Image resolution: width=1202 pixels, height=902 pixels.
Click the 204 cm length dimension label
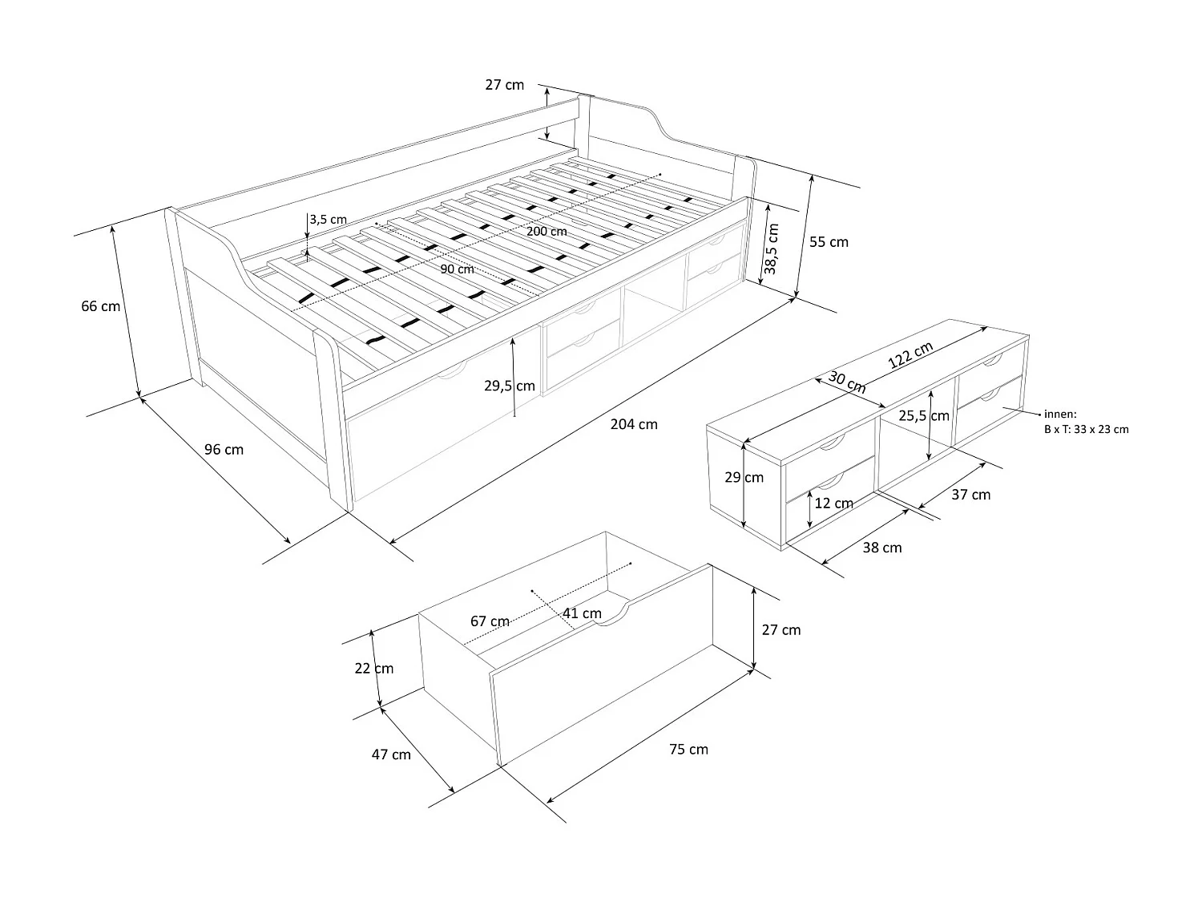(634, 424)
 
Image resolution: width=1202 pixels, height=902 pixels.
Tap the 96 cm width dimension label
(224, 449)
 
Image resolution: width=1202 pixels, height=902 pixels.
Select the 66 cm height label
(100, 305)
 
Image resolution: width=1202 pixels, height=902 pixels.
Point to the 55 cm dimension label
(829, 241)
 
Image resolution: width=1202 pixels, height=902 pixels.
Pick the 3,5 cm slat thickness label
(328, 219)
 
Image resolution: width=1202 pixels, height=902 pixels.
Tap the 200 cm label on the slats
(547, 231)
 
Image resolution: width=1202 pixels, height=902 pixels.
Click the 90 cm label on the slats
(457, 269)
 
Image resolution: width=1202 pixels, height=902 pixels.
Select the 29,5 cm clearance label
(510, 386)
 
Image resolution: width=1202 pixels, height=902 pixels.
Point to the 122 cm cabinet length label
(910, 354)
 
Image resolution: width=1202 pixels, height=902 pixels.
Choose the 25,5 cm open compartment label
(924, 415)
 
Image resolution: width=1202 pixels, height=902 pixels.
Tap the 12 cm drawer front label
(833, 504)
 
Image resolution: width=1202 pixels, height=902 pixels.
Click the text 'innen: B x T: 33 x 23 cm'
(1085, 422)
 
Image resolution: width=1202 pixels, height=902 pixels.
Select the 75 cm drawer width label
(688, 749)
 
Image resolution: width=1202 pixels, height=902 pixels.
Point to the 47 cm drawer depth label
(391, 754)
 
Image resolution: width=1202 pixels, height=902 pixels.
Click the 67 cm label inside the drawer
(490, 621)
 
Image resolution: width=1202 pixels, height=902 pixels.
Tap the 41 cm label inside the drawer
(582, 613)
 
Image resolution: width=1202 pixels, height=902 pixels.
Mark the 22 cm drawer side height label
(374, 668)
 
